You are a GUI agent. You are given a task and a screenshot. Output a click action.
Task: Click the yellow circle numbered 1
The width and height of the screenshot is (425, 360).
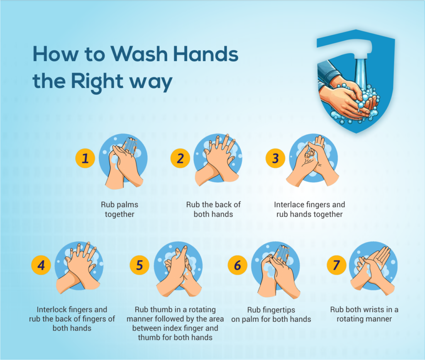tap(85, 158)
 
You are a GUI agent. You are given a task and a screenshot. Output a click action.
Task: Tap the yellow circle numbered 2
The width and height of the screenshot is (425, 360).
tap(180, 158)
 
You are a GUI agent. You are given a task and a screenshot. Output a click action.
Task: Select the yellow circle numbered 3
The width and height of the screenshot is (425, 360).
tap(276, 158)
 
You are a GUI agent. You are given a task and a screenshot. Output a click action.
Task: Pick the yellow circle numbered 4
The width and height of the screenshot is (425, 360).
tap(41, 265)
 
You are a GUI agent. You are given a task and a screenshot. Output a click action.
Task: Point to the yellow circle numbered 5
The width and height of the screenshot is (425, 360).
tap(139, 265)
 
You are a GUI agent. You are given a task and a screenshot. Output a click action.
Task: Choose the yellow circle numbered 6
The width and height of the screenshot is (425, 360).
tap(237, 265)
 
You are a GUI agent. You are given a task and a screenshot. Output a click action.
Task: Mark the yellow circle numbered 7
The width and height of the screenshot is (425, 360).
tap(336, 265)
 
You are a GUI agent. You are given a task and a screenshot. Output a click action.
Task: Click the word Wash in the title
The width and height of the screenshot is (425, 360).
tap(139, 54)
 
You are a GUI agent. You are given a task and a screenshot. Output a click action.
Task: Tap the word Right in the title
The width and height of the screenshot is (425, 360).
tap(97, 82)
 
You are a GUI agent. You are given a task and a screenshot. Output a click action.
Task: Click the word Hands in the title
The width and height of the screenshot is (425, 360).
tap(206, 54)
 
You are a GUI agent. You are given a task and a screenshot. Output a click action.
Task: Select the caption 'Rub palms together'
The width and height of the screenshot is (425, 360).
tap(120, 209)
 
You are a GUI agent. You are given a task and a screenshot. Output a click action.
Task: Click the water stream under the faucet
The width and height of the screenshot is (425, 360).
tap(361, 73)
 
